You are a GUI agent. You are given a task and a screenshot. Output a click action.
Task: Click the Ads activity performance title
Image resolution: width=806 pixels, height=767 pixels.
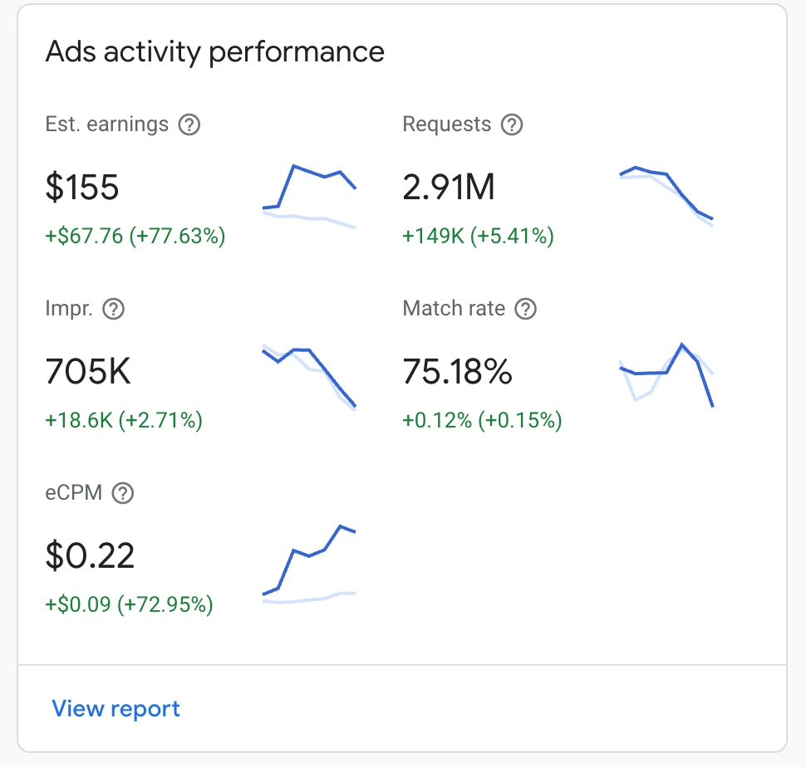(x=214, y=51)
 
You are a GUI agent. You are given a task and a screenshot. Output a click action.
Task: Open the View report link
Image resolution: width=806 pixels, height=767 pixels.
(x=115, y=709)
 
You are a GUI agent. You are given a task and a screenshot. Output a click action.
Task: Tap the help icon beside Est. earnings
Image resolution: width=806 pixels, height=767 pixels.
(x=189, y=125)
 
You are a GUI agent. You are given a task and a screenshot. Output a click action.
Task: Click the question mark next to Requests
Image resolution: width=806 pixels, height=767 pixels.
(x=513, y=125)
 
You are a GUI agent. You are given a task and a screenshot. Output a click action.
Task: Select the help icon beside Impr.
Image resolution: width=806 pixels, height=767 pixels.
(x=113, y=310)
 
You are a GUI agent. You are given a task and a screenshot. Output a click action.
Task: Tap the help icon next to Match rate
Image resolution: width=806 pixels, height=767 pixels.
(x=526, y=310)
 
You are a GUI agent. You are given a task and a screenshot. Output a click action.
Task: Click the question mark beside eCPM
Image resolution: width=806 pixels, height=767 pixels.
(x=123, y=494)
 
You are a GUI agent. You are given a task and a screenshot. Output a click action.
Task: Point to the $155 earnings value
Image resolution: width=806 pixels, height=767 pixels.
(x=82, y=188)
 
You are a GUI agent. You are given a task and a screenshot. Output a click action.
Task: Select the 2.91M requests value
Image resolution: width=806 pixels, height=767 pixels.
(x=449, y=188)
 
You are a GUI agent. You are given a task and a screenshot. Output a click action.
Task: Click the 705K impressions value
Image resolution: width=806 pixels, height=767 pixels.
(x=88, y=373)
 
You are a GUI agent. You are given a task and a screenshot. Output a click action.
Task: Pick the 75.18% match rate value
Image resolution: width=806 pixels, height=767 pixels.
(x=457, y=373)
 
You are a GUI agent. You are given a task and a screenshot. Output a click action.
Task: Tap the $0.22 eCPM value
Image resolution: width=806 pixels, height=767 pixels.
(x=90, y=555)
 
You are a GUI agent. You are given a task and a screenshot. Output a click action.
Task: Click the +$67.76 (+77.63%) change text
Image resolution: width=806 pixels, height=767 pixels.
(x=135, y=237)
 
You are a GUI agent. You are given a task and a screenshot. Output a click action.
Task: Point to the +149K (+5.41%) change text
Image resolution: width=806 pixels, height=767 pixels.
(x=478, y=237)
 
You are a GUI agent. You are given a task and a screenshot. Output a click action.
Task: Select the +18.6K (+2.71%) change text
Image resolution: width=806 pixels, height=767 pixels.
(x=124, y=421)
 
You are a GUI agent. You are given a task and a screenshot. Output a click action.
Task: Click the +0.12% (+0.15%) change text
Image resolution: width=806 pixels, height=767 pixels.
(x=482, y=421)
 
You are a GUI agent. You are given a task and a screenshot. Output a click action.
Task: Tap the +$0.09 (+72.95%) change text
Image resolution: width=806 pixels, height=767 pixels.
(x=129, y=604)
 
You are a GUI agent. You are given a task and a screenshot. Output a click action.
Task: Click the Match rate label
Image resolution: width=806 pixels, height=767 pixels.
(x=454, y=309)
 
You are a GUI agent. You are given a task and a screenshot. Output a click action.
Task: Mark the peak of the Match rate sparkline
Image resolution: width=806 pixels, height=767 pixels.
(x=682, y=344)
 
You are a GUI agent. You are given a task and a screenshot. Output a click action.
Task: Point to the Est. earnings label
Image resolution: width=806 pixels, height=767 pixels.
(x=107, y=125)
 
